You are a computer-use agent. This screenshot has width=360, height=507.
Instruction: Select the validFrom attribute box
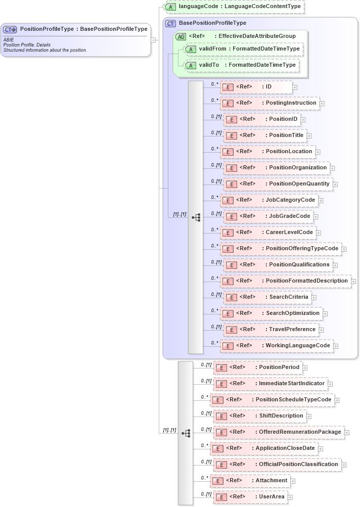point(243,49)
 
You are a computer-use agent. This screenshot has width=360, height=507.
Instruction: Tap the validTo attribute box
point(241,65)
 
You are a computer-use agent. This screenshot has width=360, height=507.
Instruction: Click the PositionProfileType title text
point(83,29)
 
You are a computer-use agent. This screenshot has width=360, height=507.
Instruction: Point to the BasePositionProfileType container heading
point(212,23)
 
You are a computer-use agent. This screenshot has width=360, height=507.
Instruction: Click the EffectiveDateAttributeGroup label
point(250,36)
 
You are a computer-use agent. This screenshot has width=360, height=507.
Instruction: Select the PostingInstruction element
point(269,103)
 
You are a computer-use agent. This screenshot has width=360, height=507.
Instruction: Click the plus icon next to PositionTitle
point(309,135)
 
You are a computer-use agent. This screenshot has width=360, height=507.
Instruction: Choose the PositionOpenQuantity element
point(278,184)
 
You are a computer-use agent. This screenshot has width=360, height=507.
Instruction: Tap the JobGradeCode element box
point(268,216)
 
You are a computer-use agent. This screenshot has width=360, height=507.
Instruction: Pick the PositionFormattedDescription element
point(286,281)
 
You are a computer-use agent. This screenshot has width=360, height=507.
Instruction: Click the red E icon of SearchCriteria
point(231,298)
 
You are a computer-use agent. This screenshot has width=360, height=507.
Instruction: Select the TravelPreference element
point(272,330)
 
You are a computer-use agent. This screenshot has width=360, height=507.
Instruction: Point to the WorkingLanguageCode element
point(277,346)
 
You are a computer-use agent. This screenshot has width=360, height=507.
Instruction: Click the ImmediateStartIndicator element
point(269,384)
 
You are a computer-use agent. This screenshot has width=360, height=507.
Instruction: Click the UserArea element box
point(250,497)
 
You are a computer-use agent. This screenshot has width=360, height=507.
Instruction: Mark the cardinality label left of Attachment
point(204,478)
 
